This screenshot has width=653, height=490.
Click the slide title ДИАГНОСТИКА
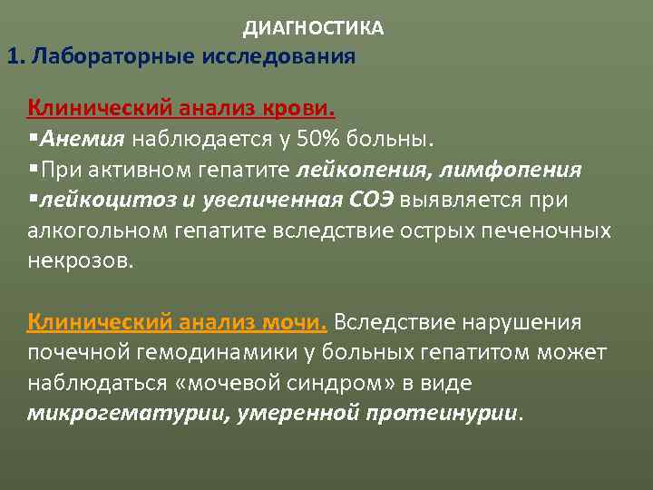[313, 29]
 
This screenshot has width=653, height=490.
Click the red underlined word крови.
[299, 109]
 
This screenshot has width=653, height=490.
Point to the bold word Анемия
[81, 140]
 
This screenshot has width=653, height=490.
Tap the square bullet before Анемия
[33, 140]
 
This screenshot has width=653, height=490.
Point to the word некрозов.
[80, 261]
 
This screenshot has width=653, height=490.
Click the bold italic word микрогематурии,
[112, 413]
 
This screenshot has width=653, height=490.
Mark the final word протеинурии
[445, 413]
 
